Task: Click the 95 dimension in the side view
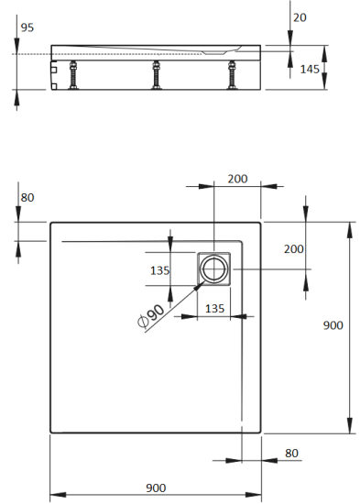(27, 27)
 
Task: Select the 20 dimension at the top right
(300, 17)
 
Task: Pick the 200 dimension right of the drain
(293, 248)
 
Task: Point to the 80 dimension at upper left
(27, 196)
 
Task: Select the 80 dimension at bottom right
(291, 452)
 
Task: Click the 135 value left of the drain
(159, 269)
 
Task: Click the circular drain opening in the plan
(216, 269)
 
